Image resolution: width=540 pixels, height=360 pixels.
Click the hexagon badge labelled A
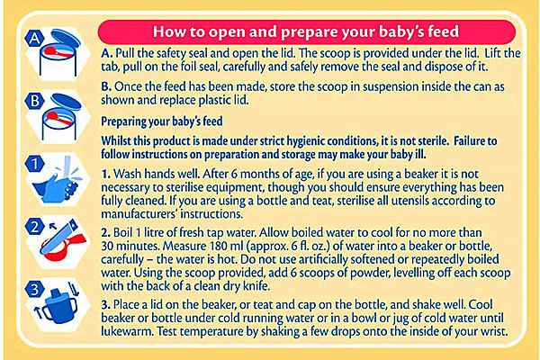34,38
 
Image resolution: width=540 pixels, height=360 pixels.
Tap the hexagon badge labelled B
34,101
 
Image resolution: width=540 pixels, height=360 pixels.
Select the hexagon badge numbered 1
34,164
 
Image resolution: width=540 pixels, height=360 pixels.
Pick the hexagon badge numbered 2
34,226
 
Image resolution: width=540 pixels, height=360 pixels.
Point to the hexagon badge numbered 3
34,289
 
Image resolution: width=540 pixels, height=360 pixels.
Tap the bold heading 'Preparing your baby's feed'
161,121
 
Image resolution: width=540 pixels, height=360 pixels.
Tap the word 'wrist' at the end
496,331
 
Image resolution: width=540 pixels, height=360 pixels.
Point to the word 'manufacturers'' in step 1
139,214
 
